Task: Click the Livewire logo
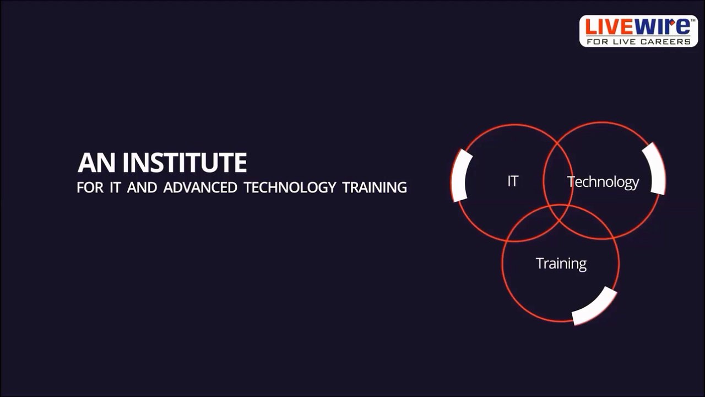(x=638, y=31)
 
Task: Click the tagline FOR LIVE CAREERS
(x=638, y=41)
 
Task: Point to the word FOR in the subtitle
(x=90, y=187)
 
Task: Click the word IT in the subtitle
(x=115, y=187)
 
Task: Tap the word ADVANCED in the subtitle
(x=200, y=187)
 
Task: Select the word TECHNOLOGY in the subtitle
(x=290, y=187)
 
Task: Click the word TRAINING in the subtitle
(x=375, y=187)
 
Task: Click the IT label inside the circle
(x=512, y=181)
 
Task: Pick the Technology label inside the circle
(x=603, y=182)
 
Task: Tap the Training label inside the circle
(x=561, y=264)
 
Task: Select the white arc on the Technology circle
(x=656, y=169)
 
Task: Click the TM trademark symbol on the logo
(x=693, y=20)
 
